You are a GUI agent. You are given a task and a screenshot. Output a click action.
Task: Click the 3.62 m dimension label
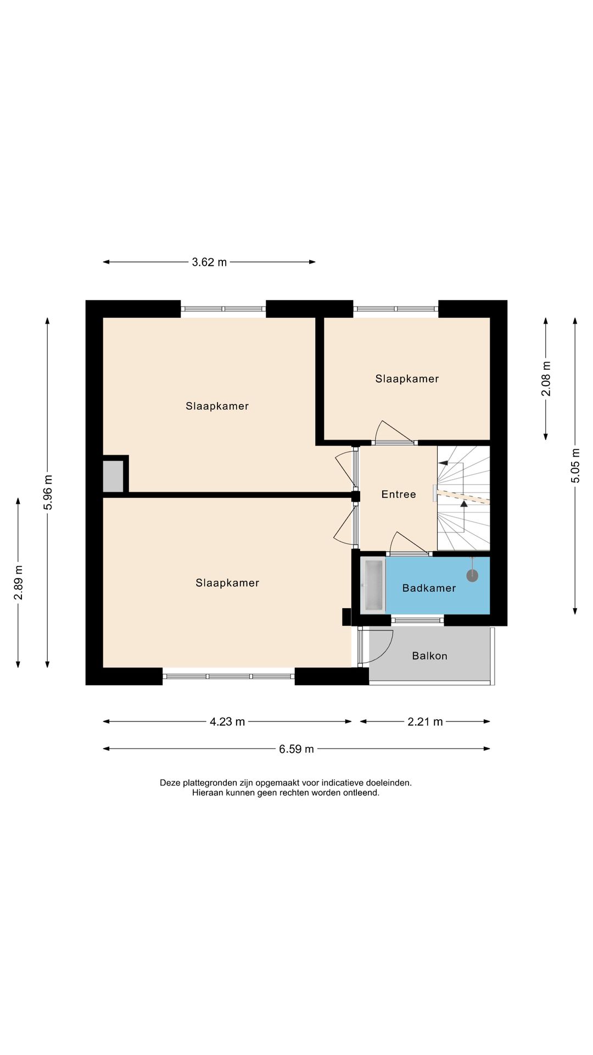click(x=209, y=262)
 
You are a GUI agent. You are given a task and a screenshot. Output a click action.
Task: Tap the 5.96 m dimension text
click(x=48, y=492)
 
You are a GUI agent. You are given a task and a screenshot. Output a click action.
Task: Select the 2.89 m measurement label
click(x=18, y=582)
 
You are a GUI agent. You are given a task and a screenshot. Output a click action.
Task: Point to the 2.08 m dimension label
click(x=546, y=379)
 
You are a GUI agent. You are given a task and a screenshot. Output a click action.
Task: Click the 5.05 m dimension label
click(x=575, y=465)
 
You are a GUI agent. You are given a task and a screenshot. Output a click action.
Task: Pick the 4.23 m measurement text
click(x=227, y=721)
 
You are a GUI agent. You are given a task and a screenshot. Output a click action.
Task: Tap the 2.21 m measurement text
click(x=425, y=721)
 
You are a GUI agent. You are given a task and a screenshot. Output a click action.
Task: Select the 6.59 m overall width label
click(x=296, y=749)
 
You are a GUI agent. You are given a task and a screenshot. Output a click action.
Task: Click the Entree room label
click(x=399, y=495)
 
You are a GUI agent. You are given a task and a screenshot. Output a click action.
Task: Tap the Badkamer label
click(x=429, y=588)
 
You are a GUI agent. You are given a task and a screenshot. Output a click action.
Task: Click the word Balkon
click(x=429, y=656)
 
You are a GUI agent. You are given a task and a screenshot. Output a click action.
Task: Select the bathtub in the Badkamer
click(x=373, y=585)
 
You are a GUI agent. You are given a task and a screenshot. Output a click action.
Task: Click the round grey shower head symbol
click(x=472, y=575)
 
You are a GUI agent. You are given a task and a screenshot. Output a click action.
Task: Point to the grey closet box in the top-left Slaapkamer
click(x=113, y=476)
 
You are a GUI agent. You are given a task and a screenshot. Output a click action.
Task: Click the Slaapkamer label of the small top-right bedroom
click(x=407, y=379)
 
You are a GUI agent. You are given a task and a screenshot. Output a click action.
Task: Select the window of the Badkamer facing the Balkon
click(x=417, y=620)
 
